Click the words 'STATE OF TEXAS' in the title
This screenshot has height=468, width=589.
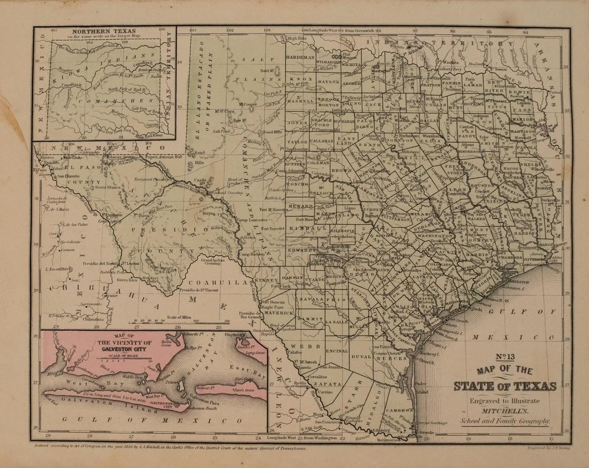[x=505, y=385]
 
